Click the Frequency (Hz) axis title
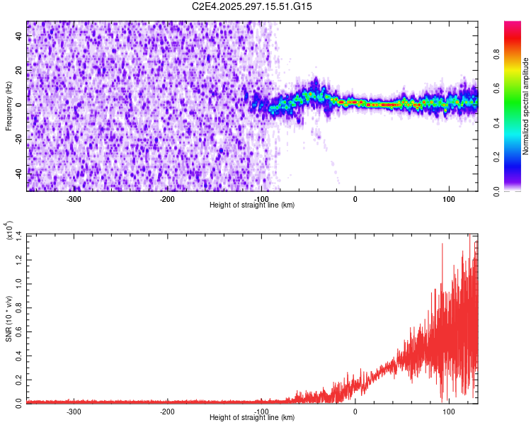pos(8,106)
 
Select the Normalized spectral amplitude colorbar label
pos(525,106)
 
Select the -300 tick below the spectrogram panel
pos(74,199)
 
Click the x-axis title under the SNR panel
pos(252,418)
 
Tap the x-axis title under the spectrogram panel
pos(252,205)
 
